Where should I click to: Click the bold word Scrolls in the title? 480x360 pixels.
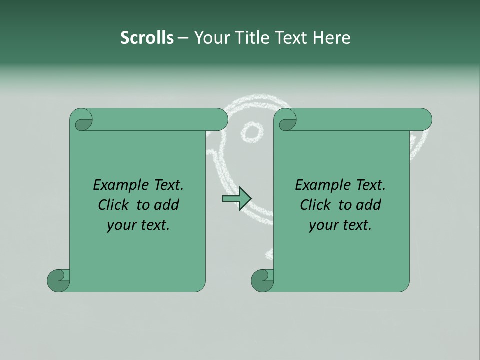point(147,38)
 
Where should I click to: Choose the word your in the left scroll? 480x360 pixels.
point(121,226)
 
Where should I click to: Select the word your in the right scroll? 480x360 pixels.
point(323,226)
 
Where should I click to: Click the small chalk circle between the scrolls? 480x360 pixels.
point(252,132)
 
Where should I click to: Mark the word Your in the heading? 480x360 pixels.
point(209,38)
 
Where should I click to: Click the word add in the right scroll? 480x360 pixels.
point(368,205)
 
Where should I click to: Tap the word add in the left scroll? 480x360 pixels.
point(166,205)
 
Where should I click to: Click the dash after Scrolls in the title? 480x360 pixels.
point(183,38)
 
